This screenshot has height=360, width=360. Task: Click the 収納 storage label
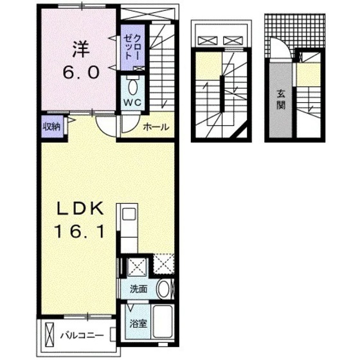click(x=51, y=127)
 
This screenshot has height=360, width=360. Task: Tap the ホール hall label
click(x=156, y=127)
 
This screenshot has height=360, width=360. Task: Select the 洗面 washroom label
click(x=139, y=289)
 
